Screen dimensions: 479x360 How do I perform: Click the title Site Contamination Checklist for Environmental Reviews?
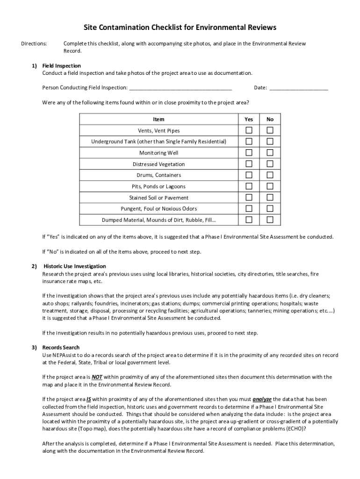[180, 28]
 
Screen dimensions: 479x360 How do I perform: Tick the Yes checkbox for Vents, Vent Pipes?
[249, 130]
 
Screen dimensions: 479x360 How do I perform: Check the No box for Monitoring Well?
[270, 152]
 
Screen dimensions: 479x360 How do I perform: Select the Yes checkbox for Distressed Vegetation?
[249, 164]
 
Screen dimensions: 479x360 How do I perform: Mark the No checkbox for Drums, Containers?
[270, 175]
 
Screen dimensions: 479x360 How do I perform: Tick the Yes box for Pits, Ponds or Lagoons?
[249, 186]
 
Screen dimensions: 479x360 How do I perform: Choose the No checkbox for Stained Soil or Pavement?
[270, 197]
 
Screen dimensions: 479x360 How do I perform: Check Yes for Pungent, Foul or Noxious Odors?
[249, 209]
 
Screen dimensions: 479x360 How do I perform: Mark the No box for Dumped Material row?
[270, 220]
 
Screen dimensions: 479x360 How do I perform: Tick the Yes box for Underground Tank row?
[249, 141]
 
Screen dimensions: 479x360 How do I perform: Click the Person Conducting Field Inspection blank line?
[180, 88]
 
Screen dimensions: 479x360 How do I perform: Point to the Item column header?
[158, 119]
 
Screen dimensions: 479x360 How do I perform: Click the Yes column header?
[249, 119]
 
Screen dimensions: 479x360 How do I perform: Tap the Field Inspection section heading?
[61, 66]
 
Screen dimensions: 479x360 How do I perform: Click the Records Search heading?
[61, 348]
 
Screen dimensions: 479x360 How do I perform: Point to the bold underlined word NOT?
[97, 377]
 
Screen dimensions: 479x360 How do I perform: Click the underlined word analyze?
[262, 399]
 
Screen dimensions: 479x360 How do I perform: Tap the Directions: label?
[34, 44]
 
